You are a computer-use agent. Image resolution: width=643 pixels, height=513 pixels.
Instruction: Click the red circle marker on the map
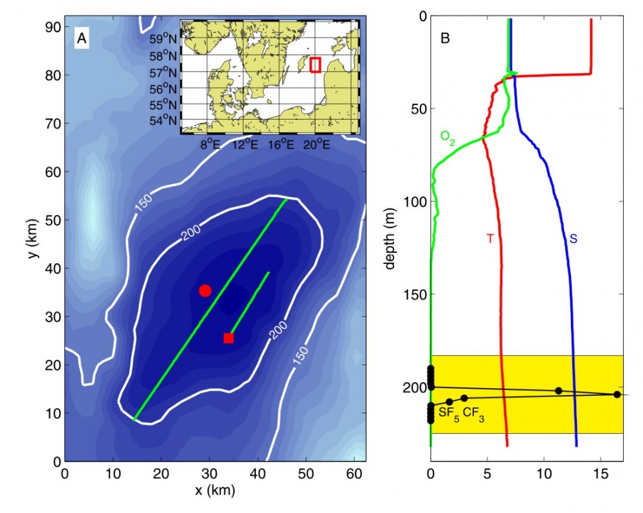(x=204, y=290)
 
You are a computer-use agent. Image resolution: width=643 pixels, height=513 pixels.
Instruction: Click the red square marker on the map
(x=228, y=338)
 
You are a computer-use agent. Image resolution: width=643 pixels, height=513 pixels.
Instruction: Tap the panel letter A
(x=82, y=39)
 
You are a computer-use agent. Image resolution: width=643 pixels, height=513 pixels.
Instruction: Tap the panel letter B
(x=444, y=39)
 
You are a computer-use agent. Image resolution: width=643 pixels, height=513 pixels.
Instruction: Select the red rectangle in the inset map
(x=315, y=65)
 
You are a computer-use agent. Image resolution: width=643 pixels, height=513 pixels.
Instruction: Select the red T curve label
(x=489, y=239)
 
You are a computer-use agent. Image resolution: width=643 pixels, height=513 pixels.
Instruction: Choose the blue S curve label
(x=573, y=239)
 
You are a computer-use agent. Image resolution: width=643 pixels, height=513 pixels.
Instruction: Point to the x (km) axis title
(x=215, y=490)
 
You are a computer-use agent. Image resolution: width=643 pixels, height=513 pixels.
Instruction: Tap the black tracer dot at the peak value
(x=617, y=395)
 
